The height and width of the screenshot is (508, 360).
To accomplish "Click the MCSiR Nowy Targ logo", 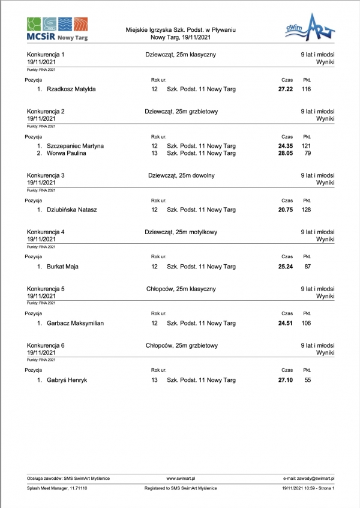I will (x=57, y=29).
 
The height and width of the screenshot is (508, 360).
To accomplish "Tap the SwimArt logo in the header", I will (x=309, y=28).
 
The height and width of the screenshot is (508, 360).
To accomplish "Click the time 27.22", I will (x=285, y=89).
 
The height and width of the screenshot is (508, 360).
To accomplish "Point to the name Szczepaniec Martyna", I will (x=75, y=146).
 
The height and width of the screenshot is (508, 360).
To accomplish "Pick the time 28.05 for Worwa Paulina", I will (x=285, y=153).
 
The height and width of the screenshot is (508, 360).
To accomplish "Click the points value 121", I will (x=306, y=146).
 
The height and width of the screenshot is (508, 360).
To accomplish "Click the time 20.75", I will (x=285, y=210).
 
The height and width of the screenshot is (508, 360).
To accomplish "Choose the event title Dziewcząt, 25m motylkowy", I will (x=181, y=232).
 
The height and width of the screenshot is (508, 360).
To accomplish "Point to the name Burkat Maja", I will (x=62, y=267).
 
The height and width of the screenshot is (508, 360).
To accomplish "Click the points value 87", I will (x=307, y=267).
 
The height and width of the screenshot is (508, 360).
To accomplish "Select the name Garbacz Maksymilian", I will (x=75, y=323).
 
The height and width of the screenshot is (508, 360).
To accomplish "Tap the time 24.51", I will (x=285, y=323).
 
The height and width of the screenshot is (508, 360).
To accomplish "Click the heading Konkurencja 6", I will (x=46, y=345).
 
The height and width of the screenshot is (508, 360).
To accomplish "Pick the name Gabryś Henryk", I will (x=67, y=380).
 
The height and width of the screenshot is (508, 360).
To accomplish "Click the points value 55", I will (x=308, y=380).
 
